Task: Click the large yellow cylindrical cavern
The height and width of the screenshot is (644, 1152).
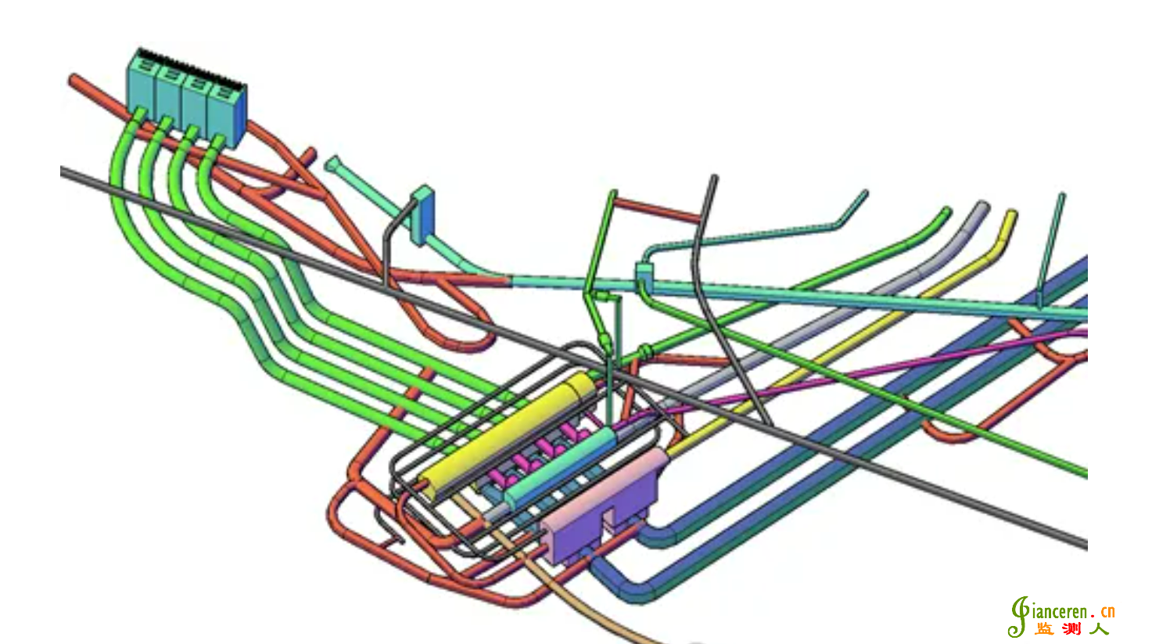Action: tap(507, 434)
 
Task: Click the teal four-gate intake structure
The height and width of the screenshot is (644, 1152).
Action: tap(186, 98)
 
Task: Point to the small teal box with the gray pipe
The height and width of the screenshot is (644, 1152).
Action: tap(423, 215)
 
